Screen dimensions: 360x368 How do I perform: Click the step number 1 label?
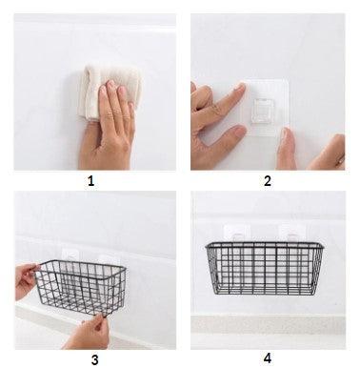tap(90, 181)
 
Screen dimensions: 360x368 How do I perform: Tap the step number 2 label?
tap(268, 181)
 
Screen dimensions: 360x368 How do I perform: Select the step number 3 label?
tap(94, 360)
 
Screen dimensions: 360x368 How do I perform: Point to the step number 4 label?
tap(268, 358)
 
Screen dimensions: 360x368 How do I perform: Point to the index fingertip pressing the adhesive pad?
tap(240, 88)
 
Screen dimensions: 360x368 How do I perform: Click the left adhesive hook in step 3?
tap(70, 256)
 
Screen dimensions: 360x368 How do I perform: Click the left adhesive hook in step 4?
tap(237, 234)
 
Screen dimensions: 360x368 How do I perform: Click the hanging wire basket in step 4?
tap(264, 268)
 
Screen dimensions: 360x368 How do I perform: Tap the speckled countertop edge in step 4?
tap(268, 325)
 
